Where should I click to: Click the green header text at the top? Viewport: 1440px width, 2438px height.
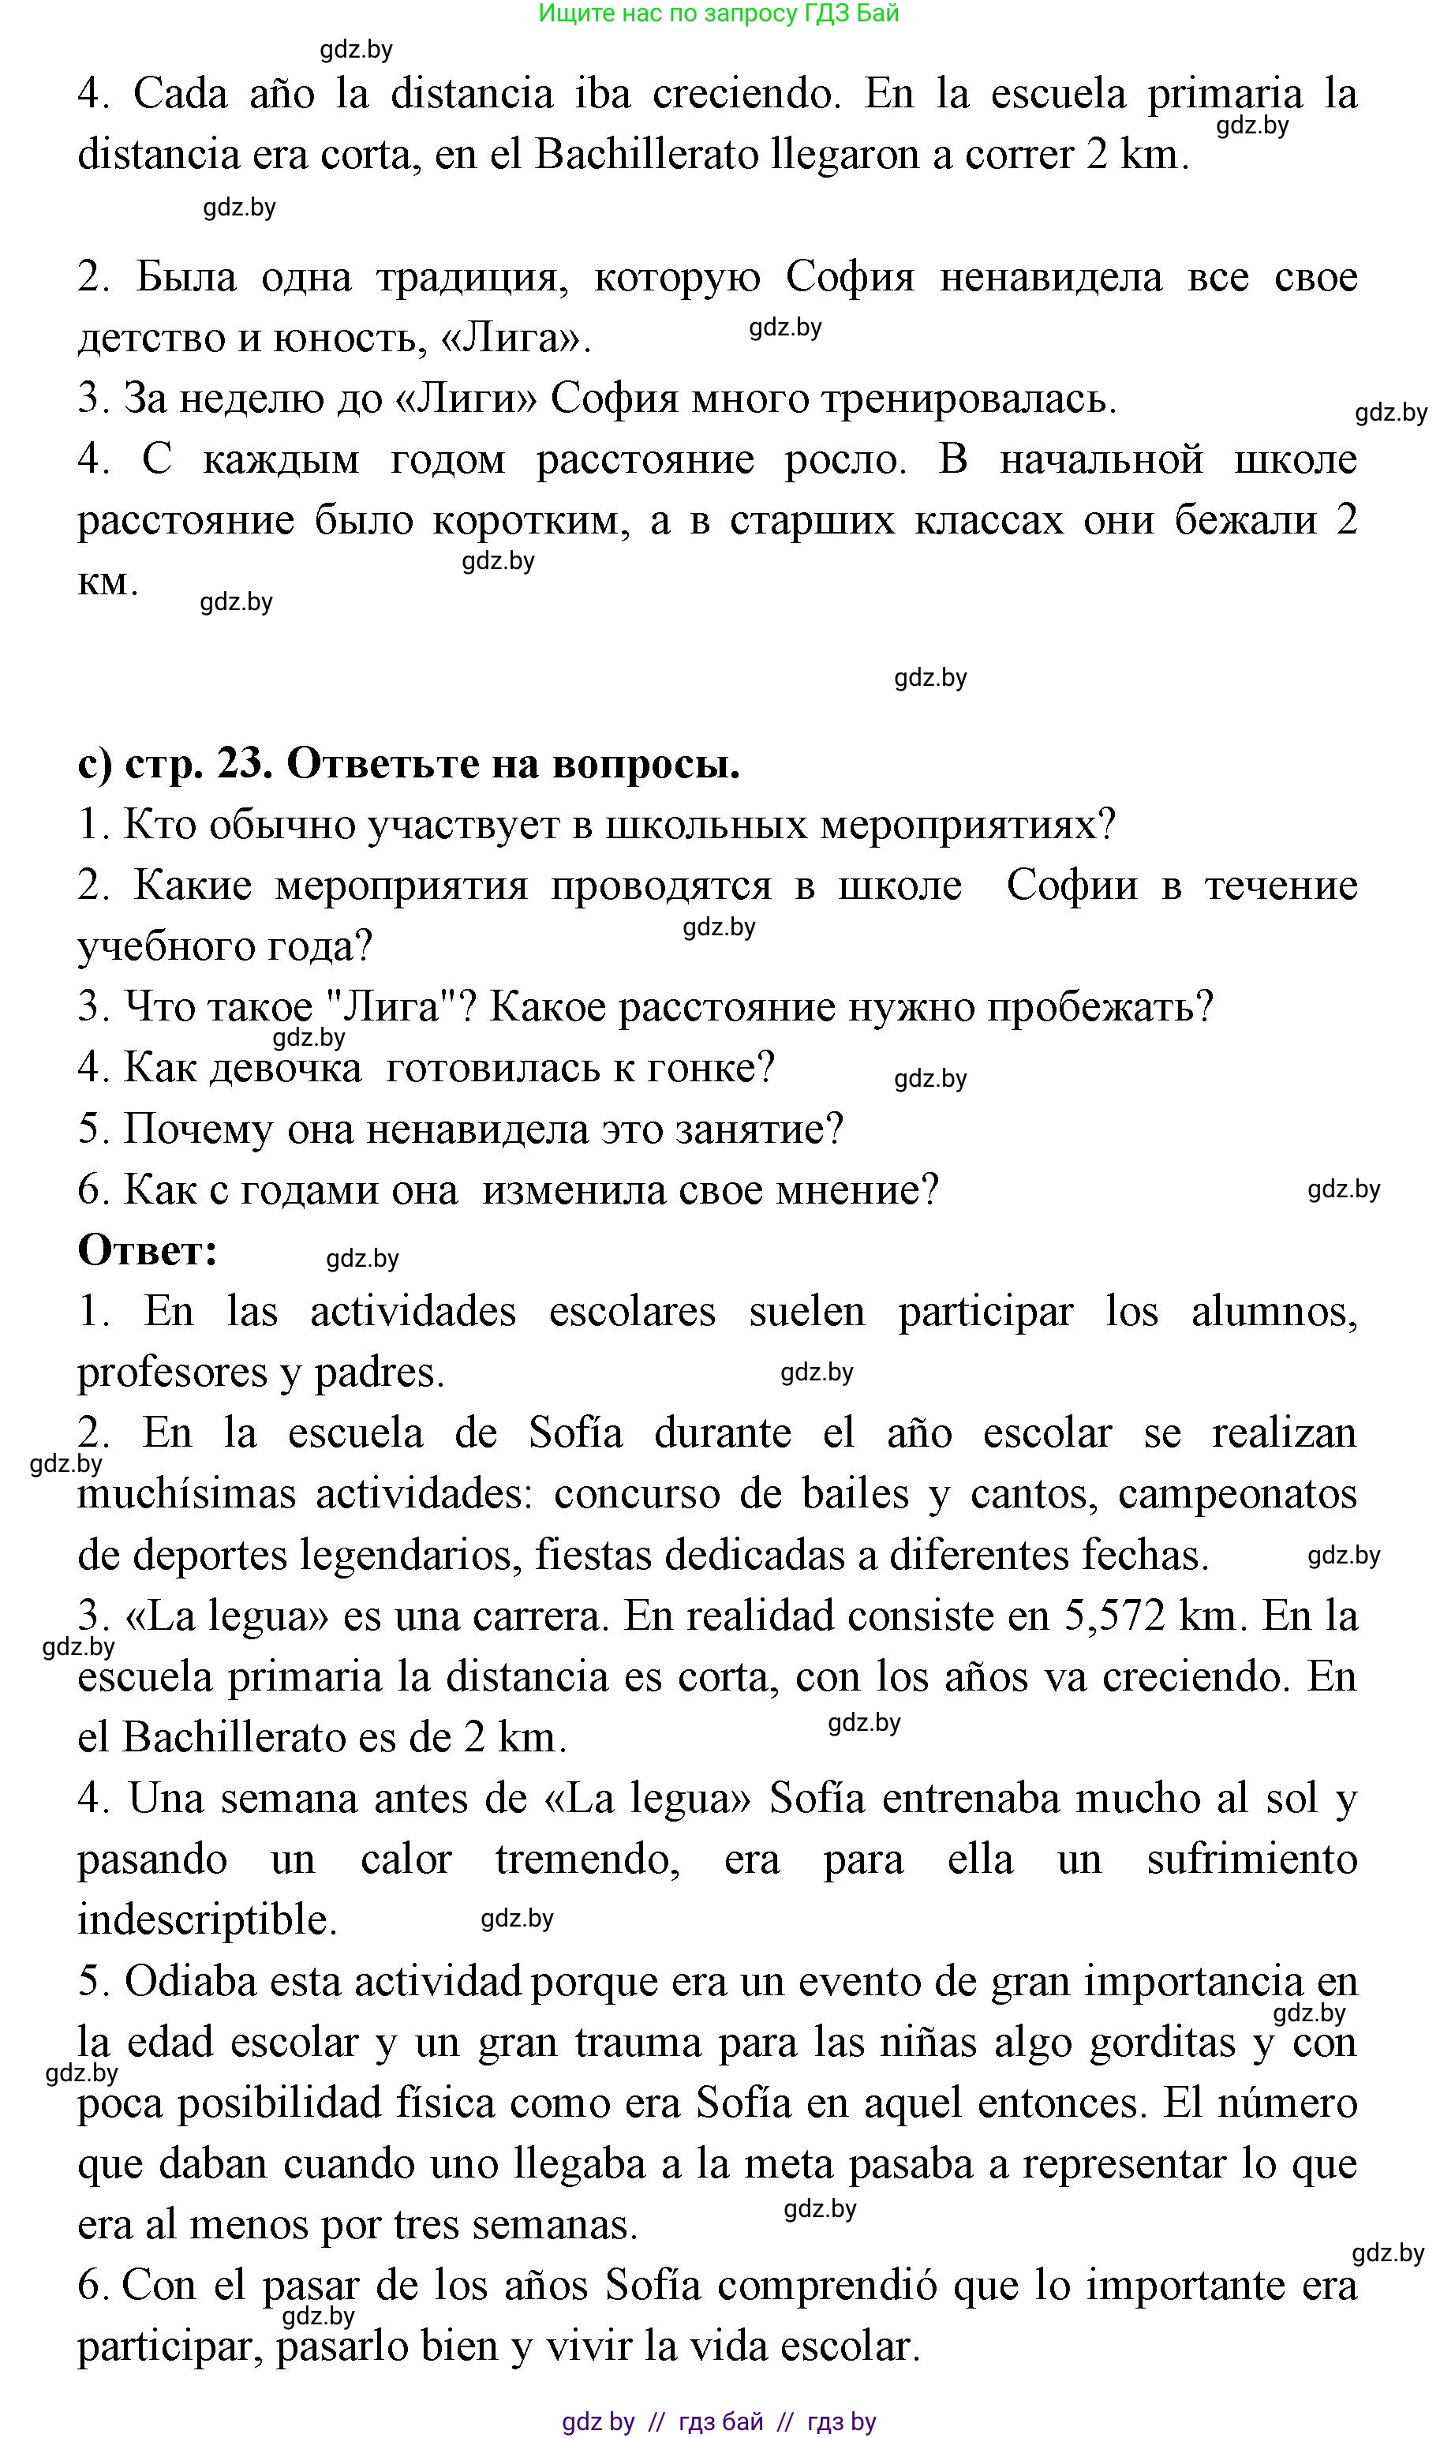(x=718, y=13)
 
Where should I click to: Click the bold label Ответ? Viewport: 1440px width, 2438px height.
(x=148, y=1250)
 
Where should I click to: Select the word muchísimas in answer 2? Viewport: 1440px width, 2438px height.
(x=186, y=1495)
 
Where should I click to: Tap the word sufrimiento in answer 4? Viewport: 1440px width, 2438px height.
(x=1251, y=1859)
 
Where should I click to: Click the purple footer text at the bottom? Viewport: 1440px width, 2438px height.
(x=718, y=2421)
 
